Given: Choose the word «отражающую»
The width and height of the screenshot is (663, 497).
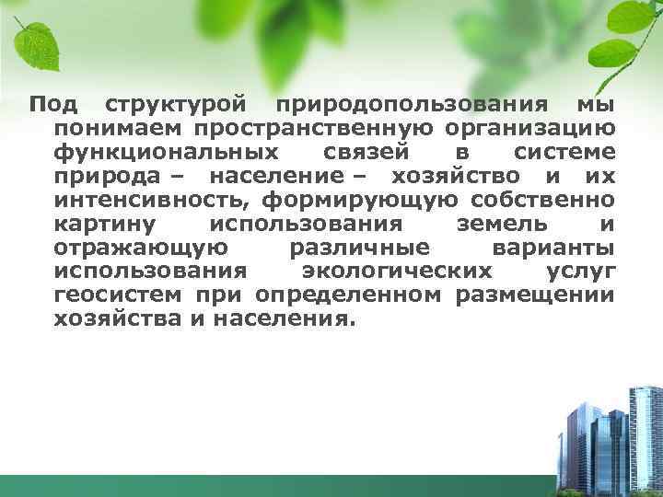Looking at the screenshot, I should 138,248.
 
